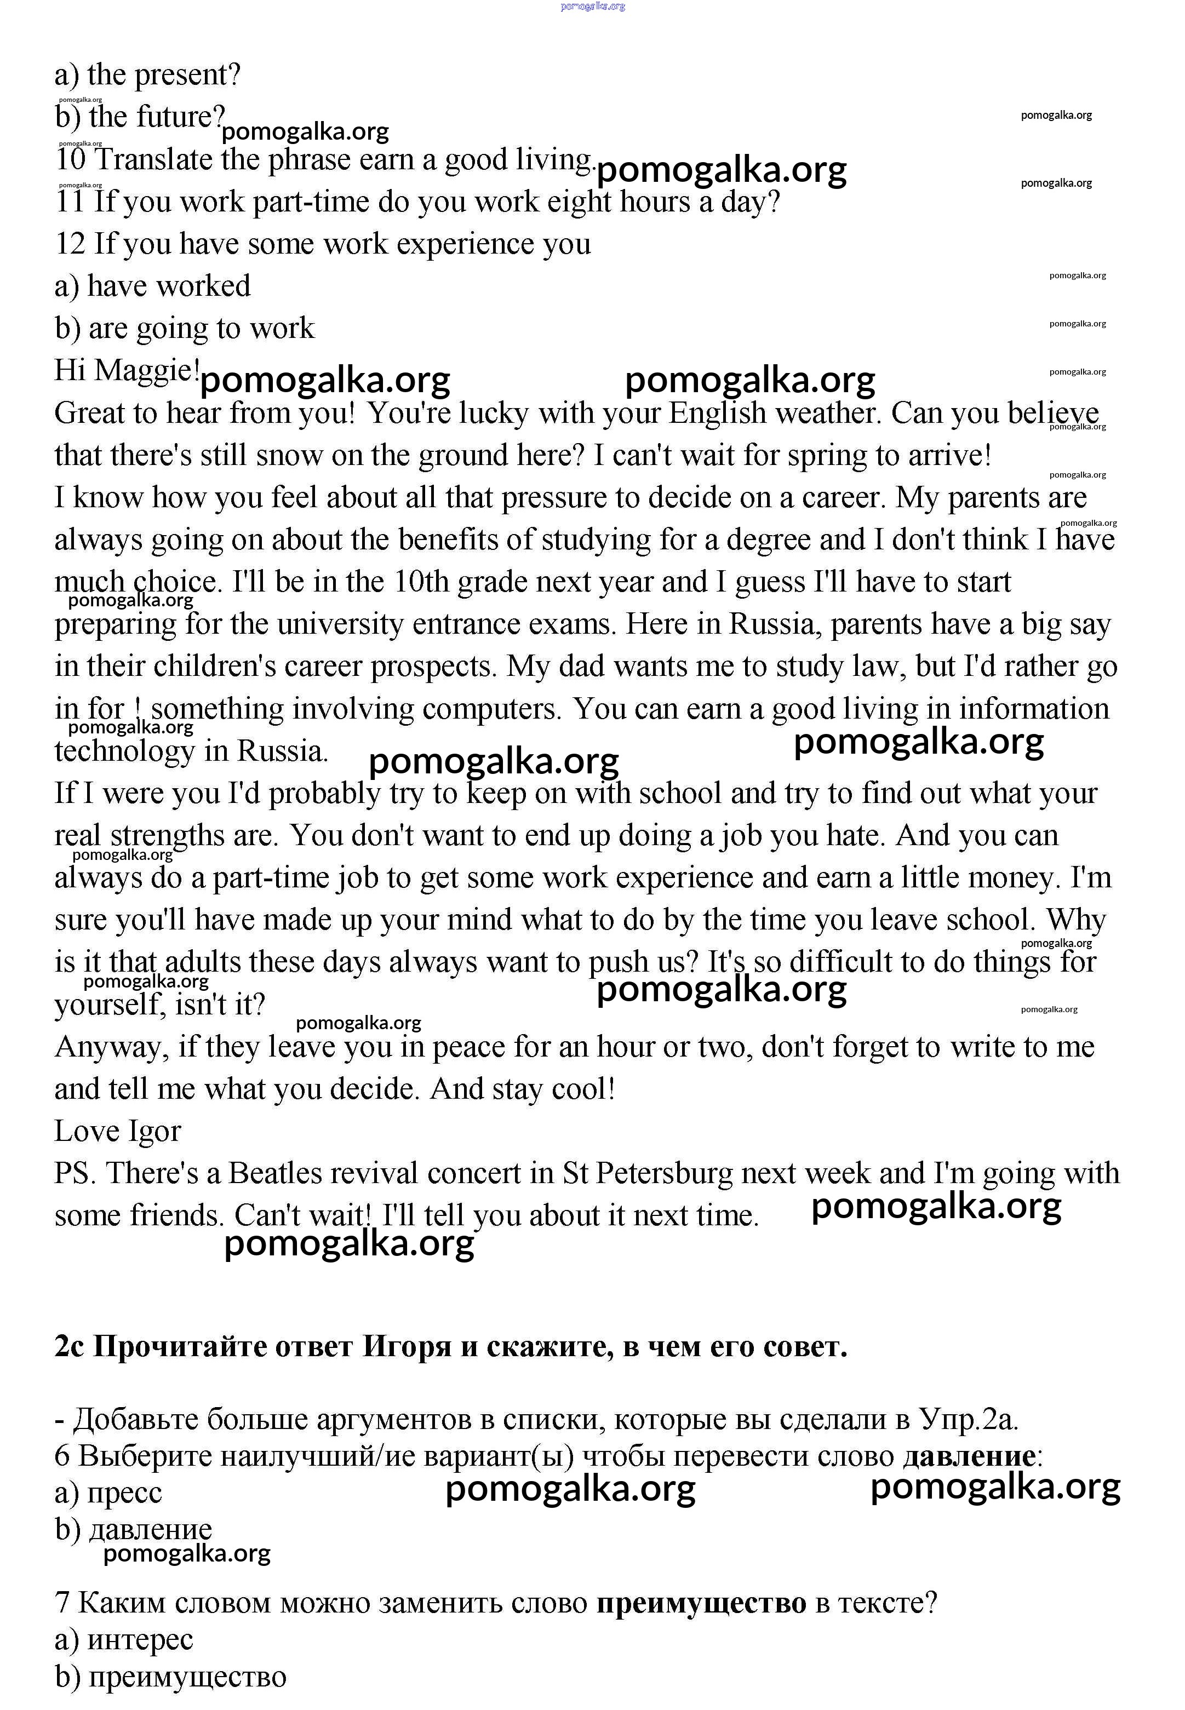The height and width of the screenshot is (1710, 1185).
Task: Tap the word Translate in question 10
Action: point(154,159)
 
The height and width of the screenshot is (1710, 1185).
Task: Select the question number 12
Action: point(71,244)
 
